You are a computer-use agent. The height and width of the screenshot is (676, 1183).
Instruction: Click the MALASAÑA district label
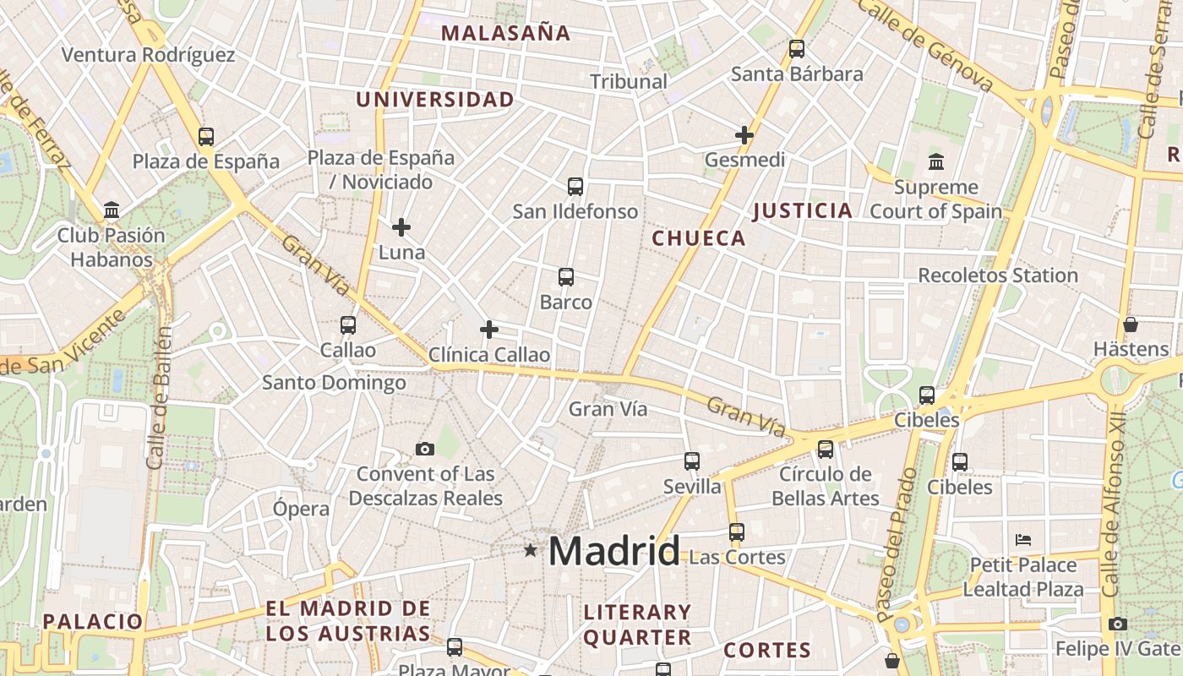(x=506, y=34)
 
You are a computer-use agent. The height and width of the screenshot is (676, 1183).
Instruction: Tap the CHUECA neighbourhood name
(x=699, y=238)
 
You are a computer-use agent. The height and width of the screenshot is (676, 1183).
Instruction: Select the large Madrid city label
(x=613, y=552)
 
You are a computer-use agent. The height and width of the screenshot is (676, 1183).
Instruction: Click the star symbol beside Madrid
(x=530, y=551)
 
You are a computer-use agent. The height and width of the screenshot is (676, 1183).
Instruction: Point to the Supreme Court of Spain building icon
(x=936, y=161)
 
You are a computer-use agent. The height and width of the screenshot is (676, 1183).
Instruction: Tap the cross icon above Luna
(x=401, y=226)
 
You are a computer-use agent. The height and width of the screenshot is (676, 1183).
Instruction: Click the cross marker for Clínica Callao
(x=489, y=330)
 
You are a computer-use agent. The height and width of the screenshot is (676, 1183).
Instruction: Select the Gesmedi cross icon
(x=744, y=135)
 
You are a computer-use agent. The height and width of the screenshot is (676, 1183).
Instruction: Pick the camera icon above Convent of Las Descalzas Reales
(x=425, y=449)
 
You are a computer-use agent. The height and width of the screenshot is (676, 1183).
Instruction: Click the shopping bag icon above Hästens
(x=1131, y=324)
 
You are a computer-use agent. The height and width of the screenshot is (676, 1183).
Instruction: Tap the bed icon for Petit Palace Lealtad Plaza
(x=1023, y=539)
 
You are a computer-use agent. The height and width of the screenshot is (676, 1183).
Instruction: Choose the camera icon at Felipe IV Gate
(x=1118, y=624)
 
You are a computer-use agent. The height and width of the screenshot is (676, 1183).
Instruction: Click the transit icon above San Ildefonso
(x=575, y=186)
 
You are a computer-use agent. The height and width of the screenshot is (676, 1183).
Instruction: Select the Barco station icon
(x=566, y=277)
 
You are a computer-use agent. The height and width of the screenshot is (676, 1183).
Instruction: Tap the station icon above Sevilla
(x=692, y=461)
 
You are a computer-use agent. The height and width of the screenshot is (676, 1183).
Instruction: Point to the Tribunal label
(x=629, y=82)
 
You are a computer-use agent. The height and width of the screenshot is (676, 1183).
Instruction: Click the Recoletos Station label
(x=998, y=275)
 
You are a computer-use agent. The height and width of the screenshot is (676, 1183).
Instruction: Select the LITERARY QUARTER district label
(x=637, y=624)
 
